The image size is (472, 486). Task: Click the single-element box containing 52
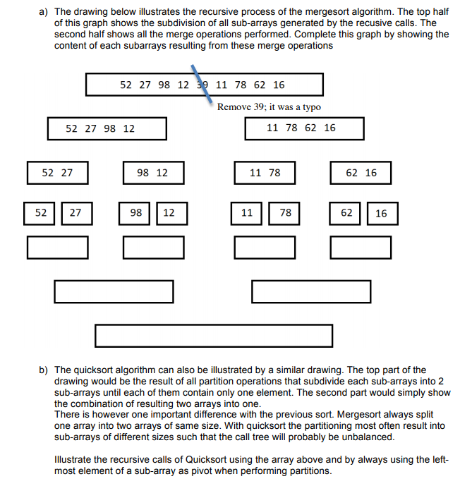coord(42,212)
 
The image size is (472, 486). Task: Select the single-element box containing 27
coord(75,212)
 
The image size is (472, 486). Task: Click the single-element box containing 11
coord(247,212)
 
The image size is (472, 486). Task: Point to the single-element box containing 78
coord(286,212)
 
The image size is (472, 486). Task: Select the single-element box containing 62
coord(346,212)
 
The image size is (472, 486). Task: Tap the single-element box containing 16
coord(382,213)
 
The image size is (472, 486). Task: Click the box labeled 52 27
coord(57,172)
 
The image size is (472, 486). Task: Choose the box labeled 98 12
coord(153,172)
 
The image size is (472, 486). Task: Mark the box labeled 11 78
coord(265,172)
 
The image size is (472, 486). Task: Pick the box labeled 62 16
coord(361,172)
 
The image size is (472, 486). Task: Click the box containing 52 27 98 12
coord(107,128)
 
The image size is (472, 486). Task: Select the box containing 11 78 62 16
coord(304,128)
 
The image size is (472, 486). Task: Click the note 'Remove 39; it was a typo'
coord(269,107)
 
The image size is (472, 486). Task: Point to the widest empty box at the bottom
coord(214,336)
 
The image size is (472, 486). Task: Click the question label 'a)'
coord(43,12)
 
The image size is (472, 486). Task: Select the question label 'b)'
coord(43,370)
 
